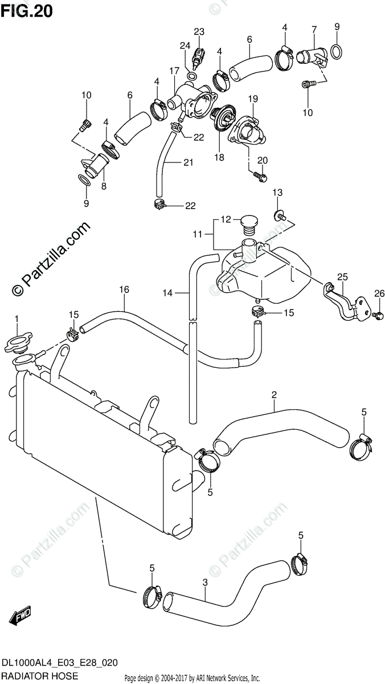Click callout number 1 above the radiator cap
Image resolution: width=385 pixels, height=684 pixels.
coord(17,317)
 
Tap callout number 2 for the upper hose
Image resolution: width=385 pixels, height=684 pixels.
coord(274,394)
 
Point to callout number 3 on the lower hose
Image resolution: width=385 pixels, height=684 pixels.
coord(204,583)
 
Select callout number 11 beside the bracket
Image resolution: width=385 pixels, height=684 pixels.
coord(199,233)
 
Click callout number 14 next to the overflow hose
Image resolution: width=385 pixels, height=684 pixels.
coord(167,293)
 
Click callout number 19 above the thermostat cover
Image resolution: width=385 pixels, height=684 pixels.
coord(252,98)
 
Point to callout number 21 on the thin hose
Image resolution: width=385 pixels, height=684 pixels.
coord(188,162)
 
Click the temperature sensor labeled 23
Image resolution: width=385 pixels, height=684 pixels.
coord(198,55)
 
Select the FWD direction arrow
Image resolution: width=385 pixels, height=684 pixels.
coord(21,615)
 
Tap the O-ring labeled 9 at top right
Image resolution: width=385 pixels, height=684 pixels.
coord(337,51)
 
